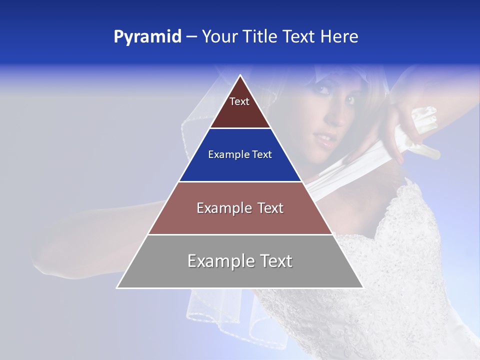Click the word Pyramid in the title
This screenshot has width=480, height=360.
pos(147,36)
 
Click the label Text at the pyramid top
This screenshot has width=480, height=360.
pos(239,101)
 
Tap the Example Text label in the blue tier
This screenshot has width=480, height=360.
pos(240,154)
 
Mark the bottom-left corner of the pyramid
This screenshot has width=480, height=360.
pos(117,287)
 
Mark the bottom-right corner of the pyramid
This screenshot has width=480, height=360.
pos(362,287)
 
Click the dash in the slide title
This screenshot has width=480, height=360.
pos(191,36)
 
